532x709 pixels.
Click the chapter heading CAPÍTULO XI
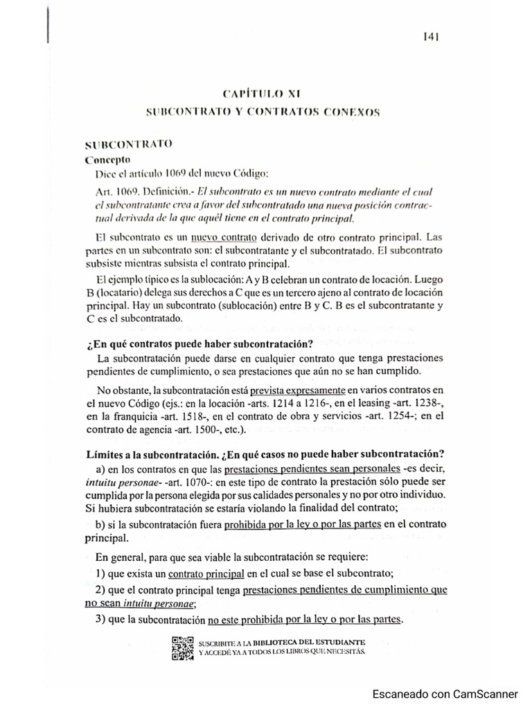(x=261, y=93)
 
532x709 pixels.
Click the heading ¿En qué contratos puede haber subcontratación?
(x=198, y=344)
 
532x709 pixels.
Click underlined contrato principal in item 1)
(x=206, y=573)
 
